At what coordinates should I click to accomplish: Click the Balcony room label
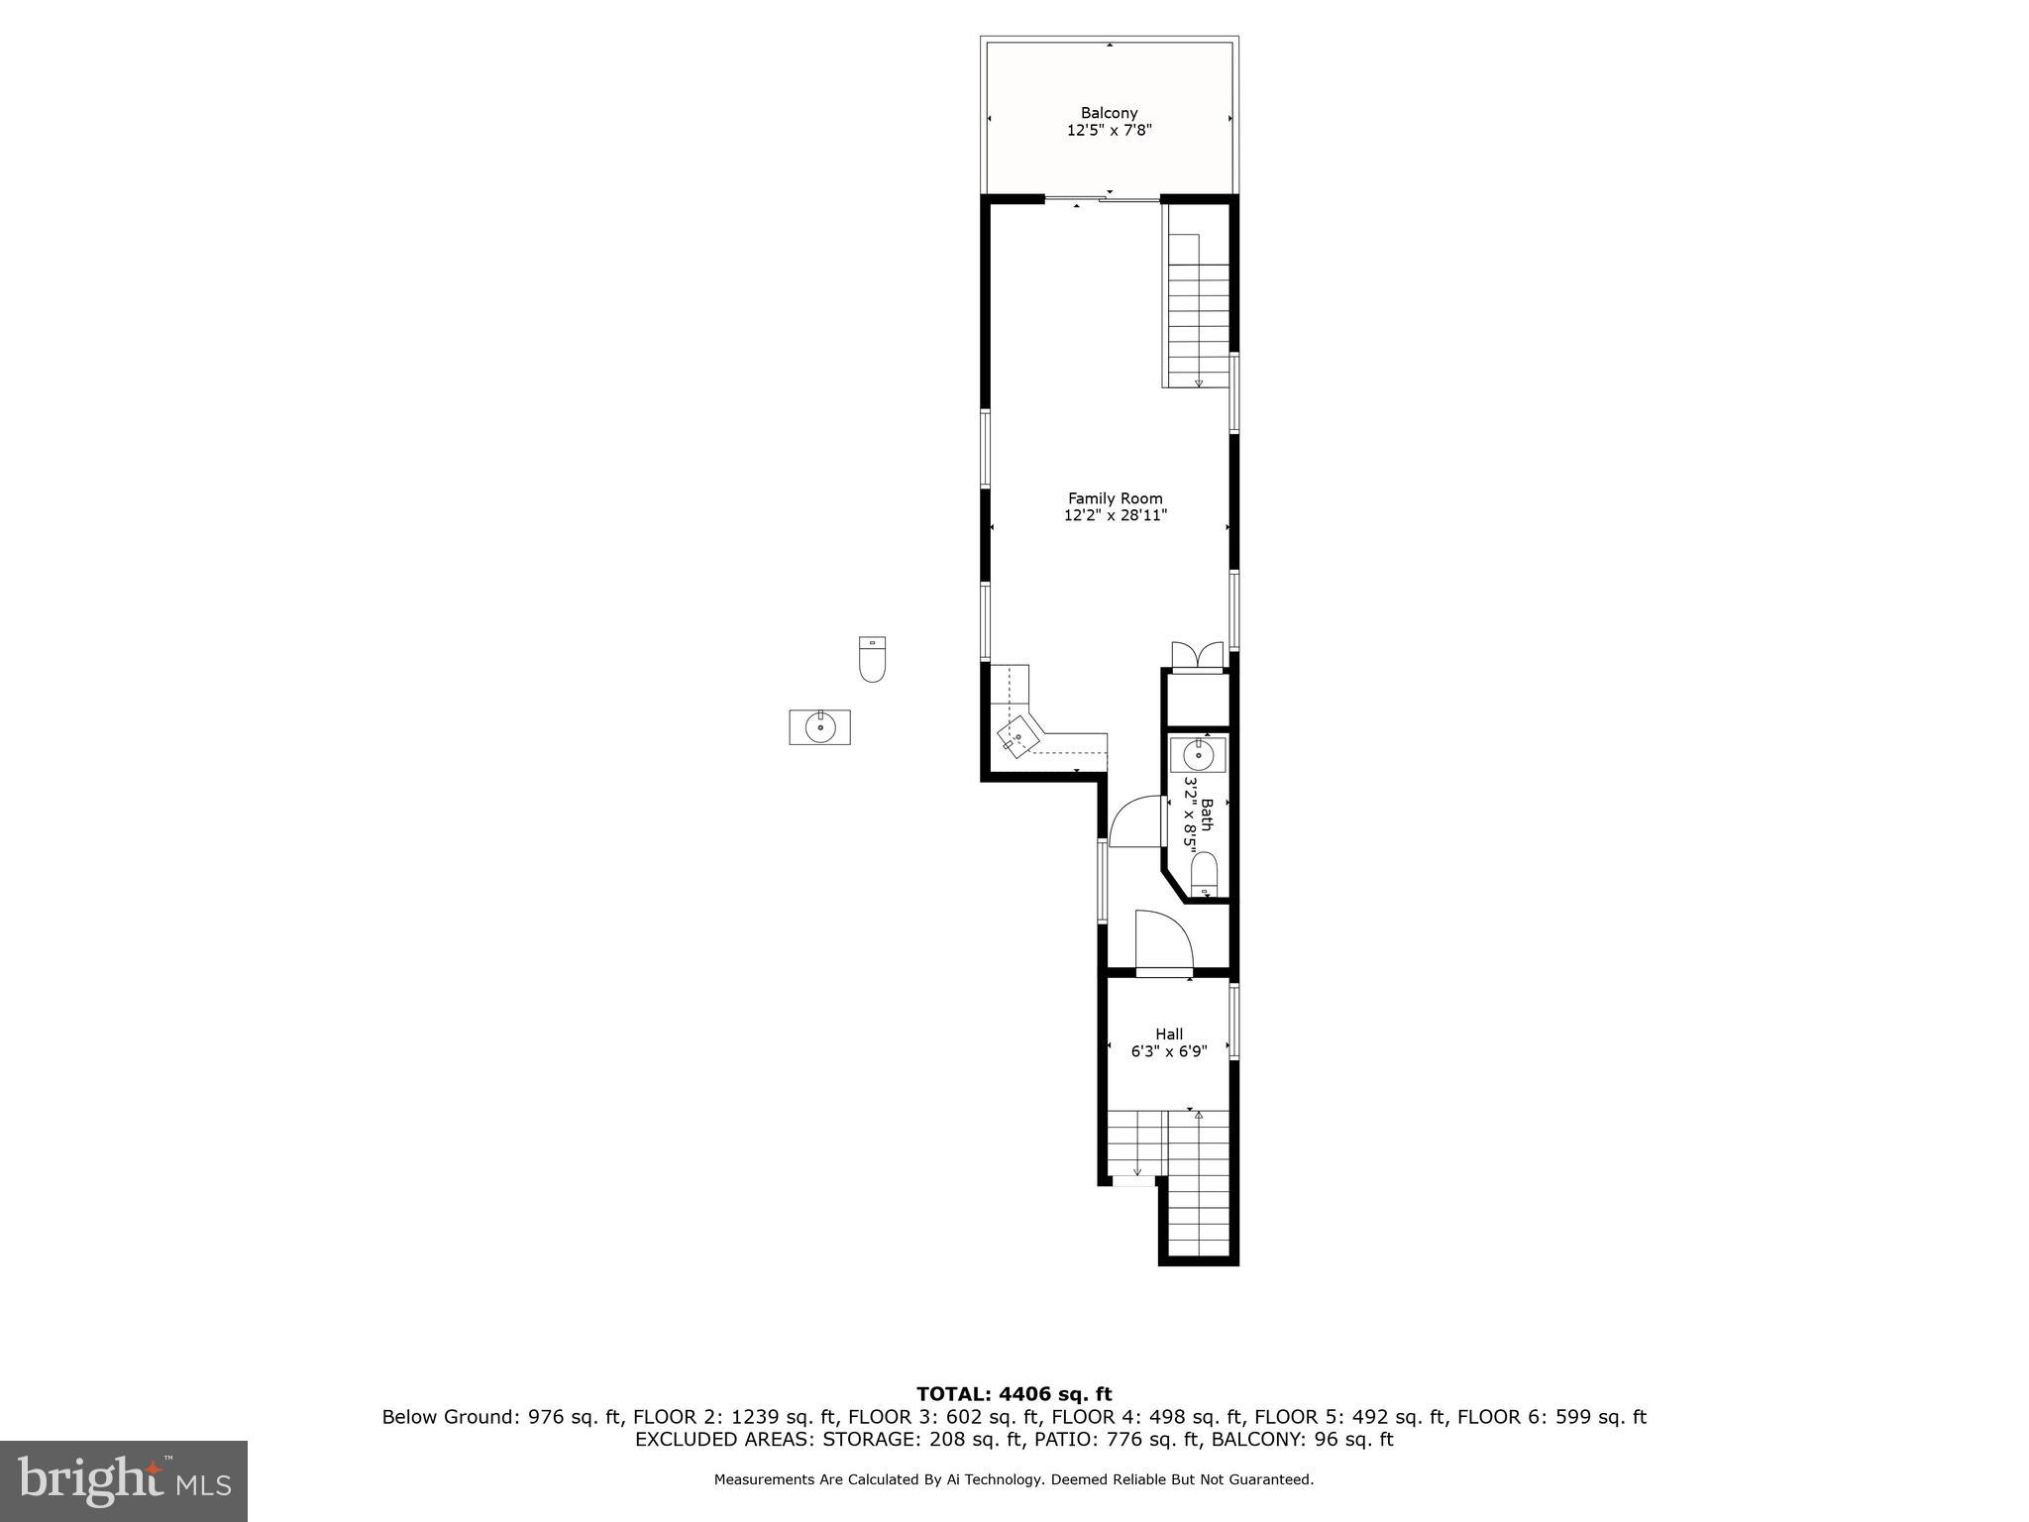tap(1109, 113)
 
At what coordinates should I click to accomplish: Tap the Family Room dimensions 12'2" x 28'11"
tap(1116, 515)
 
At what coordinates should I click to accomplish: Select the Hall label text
tap(1169, 1033)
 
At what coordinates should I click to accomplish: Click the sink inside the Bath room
tap(1199, 755)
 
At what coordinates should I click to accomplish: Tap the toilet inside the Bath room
tap(1204, 874)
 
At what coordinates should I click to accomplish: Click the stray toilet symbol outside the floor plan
tap(872, 660)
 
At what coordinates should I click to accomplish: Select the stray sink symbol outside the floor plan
tap(819, 727)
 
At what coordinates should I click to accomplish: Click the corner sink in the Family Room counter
tap(1017, 737)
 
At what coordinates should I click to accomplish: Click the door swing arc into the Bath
tap(1135, 821)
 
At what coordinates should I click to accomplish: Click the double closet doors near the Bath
tap(1198, 657)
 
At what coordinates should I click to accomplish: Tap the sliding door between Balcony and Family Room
tap(1102, 201)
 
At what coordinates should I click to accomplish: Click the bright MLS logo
tap(124, 1480)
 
